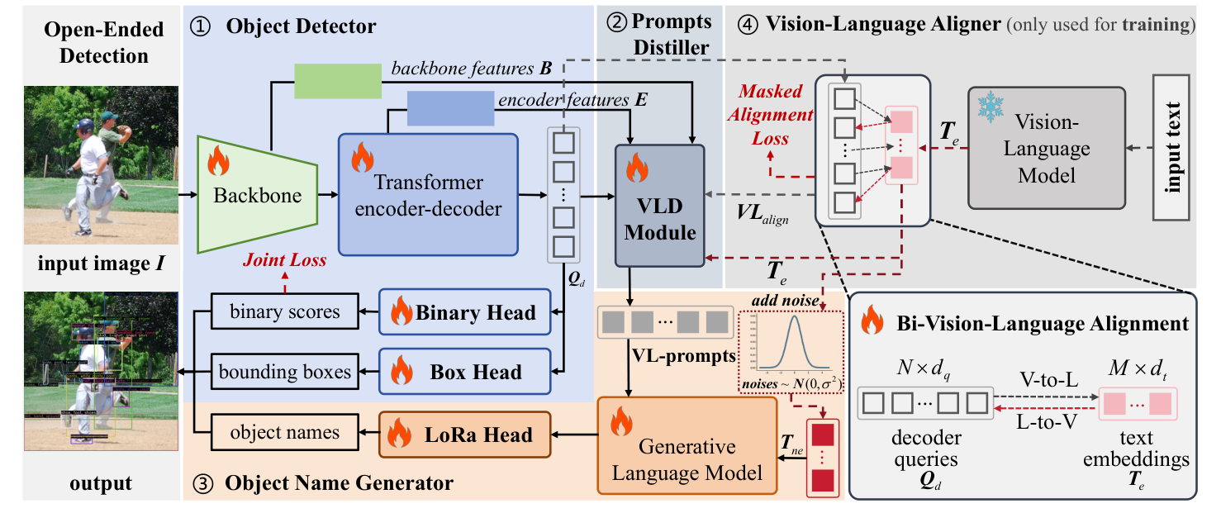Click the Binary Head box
[464, 312]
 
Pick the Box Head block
[464, 372]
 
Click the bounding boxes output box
[285, 372]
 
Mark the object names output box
[285, 433]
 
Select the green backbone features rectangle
[338, 80]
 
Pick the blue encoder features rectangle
[450, 108]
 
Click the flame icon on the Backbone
[218, 162]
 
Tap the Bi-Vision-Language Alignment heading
[1038, 323]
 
